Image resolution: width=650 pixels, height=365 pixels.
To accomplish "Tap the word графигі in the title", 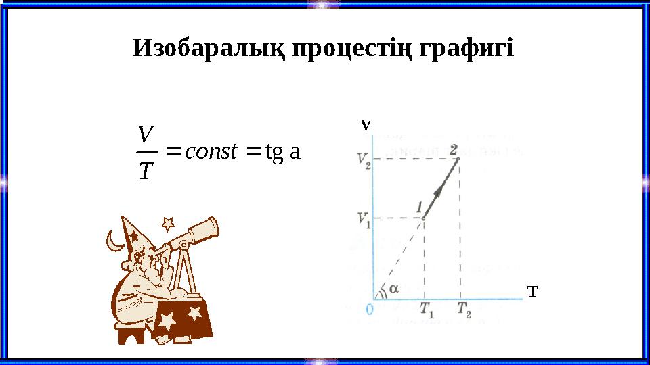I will tap(467, 48).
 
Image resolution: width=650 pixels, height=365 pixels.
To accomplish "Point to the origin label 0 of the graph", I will tap(370, 309).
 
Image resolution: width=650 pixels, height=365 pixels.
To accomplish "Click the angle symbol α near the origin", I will tap(393, 287).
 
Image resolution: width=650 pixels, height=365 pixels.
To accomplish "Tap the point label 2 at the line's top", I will tap(453, 149).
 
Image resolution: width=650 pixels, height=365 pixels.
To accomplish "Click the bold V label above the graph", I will tap(365, 125).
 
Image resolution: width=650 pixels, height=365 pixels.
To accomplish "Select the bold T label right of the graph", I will tap(532, 291).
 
